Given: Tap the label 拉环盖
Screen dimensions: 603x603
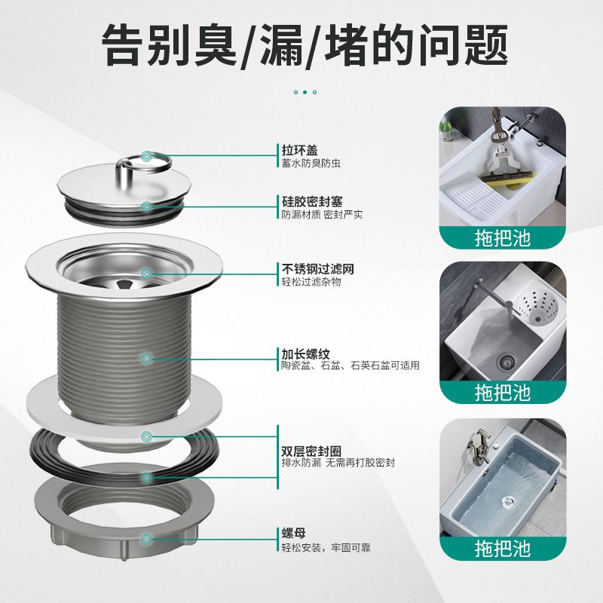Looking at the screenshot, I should (289, 150).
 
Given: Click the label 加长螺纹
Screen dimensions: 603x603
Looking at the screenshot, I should (295, 353).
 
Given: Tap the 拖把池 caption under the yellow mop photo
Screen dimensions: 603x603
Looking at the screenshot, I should (502, 238).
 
